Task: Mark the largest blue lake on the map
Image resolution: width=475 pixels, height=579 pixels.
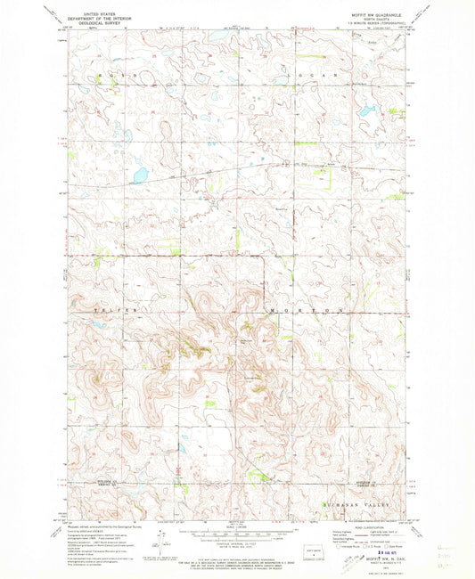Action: pyautogui.click(x=139, y=175)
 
